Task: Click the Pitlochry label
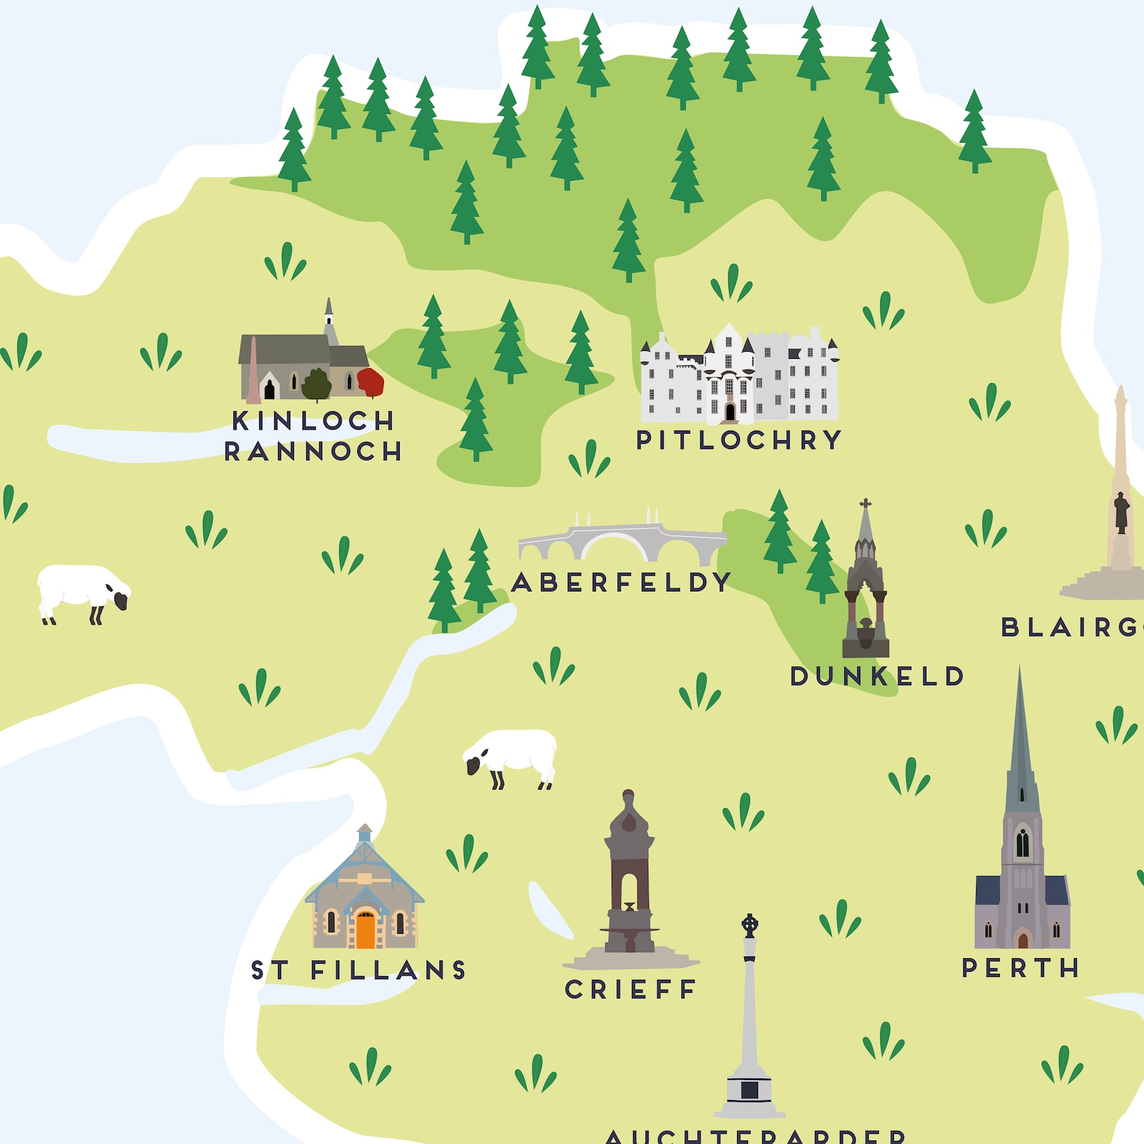[738, 440]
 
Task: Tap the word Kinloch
[313, 421]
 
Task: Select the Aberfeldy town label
[621, 582]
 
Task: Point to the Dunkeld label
[877, 676]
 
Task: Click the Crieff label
[630, 990]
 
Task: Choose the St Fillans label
[358, 970]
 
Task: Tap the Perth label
[1020, 968]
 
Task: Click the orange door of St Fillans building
[366, 930]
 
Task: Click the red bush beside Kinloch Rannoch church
[370, 382]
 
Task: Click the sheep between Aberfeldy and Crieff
[511, 756]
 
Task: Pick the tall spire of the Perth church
[1019, 742]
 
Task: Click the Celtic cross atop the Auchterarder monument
[750, 925]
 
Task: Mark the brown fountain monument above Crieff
[629, 879]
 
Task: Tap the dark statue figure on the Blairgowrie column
[1121, 511]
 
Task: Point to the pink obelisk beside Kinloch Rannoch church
[253, 371]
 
